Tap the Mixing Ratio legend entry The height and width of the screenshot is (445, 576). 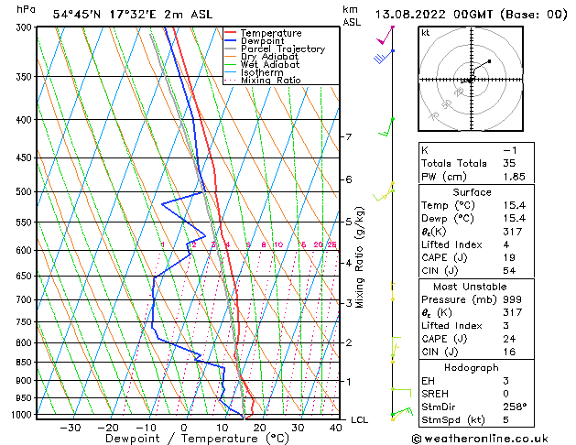tap(270, 81)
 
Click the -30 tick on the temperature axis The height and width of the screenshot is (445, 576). tap(70, 428)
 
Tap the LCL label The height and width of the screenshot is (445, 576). tap(359, 419)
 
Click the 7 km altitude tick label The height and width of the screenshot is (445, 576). tap(348, 137)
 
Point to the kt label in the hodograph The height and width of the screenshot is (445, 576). tap(426, 32)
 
